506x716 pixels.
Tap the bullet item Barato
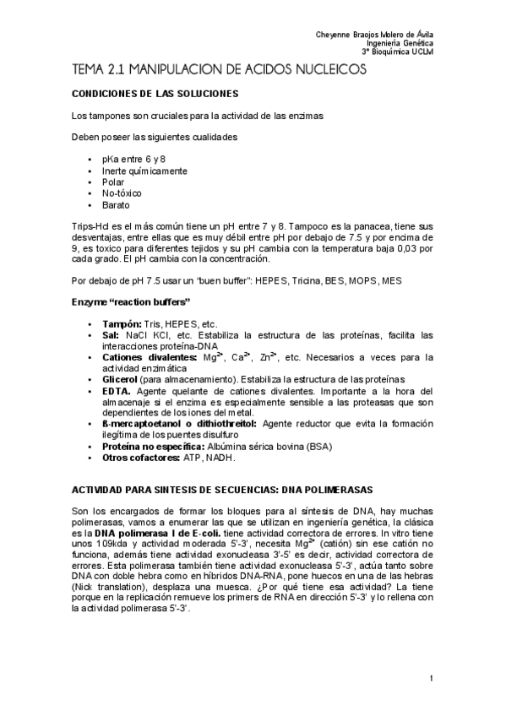coord(117,205)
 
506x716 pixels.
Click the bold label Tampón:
coord(122,324)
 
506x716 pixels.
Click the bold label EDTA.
coord(116,392)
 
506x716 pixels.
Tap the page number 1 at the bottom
coord(431,678)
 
